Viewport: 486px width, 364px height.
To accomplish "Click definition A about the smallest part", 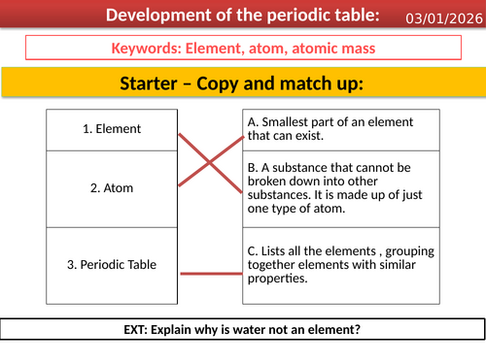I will coord(341,128).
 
